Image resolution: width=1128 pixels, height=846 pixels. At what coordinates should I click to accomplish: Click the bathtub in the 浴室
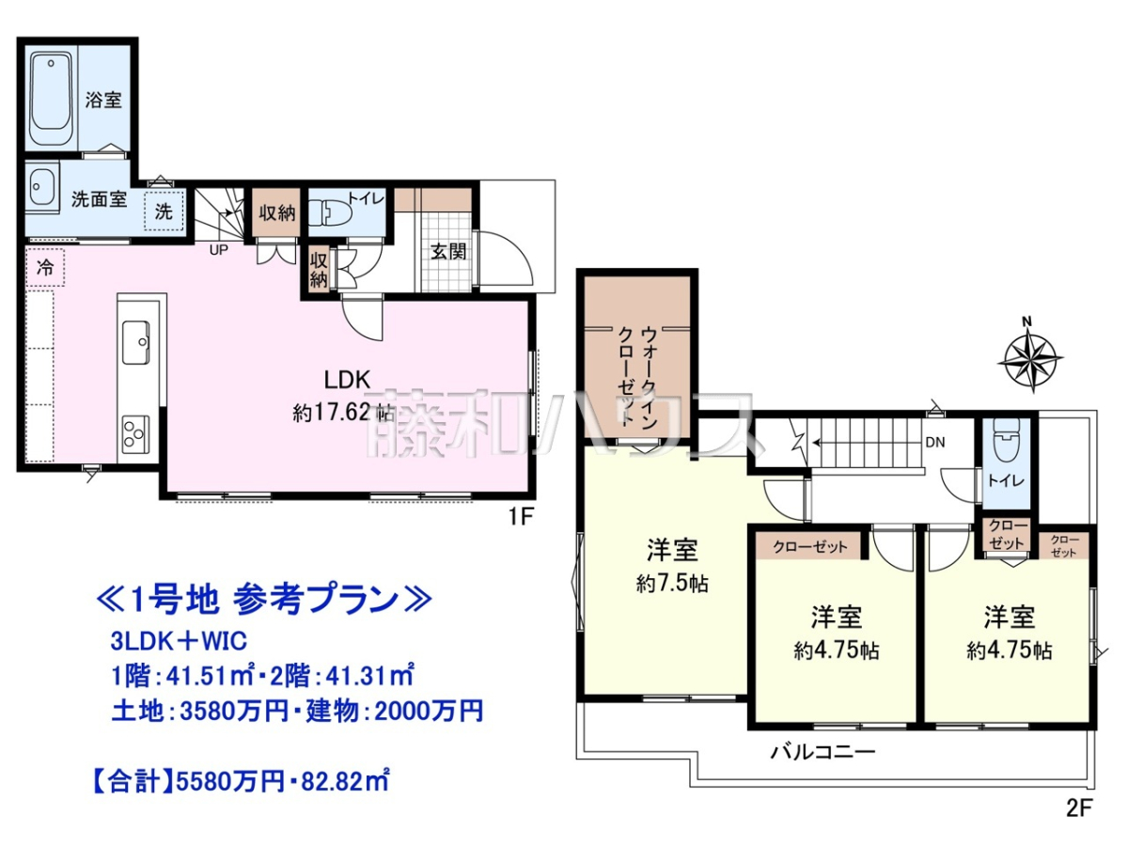[x=51, y=100]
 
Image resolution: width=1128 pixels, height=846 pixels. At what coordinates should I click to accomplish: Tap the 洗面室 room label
[x=99, y=198]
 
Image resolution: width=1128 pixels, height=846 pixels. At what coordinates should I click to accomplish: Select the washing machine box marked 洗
[x=164, y=211]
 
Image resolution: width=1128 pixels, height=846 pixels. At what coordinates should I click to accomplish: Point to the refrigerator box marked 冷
[x=45, y=267]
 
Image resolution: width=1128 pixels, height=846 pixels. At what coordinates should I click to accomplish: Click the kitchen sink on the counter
[x=136, y=342]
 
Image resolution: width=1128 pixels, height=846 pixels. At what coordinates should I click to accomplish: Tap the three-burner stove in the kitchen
[x=135, y=434]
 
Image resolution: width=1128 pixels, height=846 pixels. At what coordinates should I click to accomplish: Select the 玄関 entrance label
[x=448, y=251]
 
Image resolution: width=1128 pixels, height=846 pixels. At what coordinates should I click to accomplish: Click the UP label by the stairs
[x=218, y=250]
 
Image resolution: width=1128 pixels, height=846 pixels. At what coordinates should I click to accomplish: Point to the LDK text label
[x=347, y=380]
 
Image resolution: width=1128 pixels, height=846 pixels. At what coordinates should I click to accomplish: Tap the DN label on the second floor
[x=935, y=442]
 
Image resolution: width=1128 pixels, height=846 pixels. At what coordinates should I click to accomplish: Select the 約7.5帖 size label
[x=672, y=584]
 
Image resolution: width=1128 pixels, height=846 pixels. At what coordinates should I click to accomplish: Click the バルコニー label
[x=822, y=753]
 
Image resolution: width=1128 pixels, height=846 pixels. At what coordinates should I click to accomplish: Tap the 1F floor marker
[x=521, y=516]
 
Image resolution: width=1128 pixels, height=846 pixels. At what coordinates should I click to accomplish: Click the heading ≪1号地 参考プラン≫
[x=263, y=599]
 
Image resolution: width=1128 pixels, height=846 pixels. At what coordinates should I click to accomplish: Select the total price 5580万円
[x=229, y=783]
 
